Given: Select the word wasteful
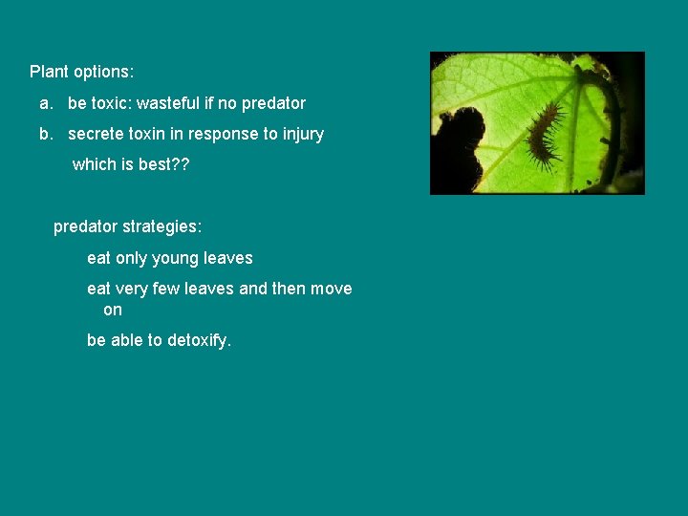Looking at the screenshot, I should pyautogui.click(x=169, y=102).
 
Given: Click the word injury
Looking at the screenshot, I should pyautogui.click(x=300, y=134).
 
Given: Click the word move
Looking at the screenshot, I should pyautogui.click(x=331, y=289).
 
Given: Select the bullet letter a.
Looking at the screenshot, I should pyautogui.click(x=45, y=102).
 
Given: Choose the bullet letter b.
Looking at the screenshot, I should pyautogui.click(x=45, y=134).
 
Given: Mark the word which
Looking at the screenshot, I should pyautogui.click(x=94, y=164).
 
